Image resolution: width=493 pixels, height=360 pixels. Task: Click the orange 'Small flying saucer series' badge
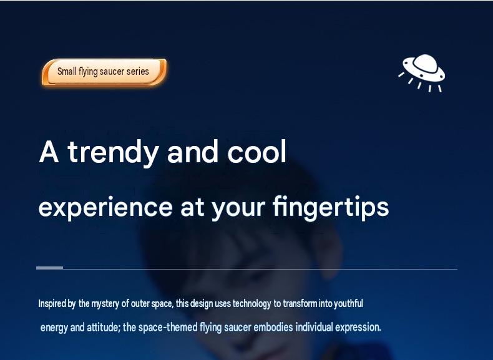click(x=104, y=72)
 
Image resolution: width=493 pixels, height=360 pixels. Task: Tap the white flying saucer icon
click(x=422, y=73)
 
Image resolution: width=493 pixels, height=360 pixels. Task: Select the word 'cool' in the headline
click(x=257, y=152)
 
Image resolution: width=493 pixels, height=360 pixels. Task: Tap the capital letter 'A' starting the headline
click(x=49, y=152)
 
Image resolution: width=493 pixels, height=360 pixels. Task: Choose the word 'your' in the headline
click(x=238, y=210)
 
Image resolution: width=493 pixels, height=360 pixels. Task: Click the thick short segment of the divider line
click(x=50, y=268)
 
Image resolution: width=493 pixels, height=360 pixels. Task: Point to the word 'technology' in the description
click(x=251, y=304)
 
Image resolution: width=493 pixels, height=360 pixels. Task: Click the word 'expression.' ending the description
click(x=358, y=328)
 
